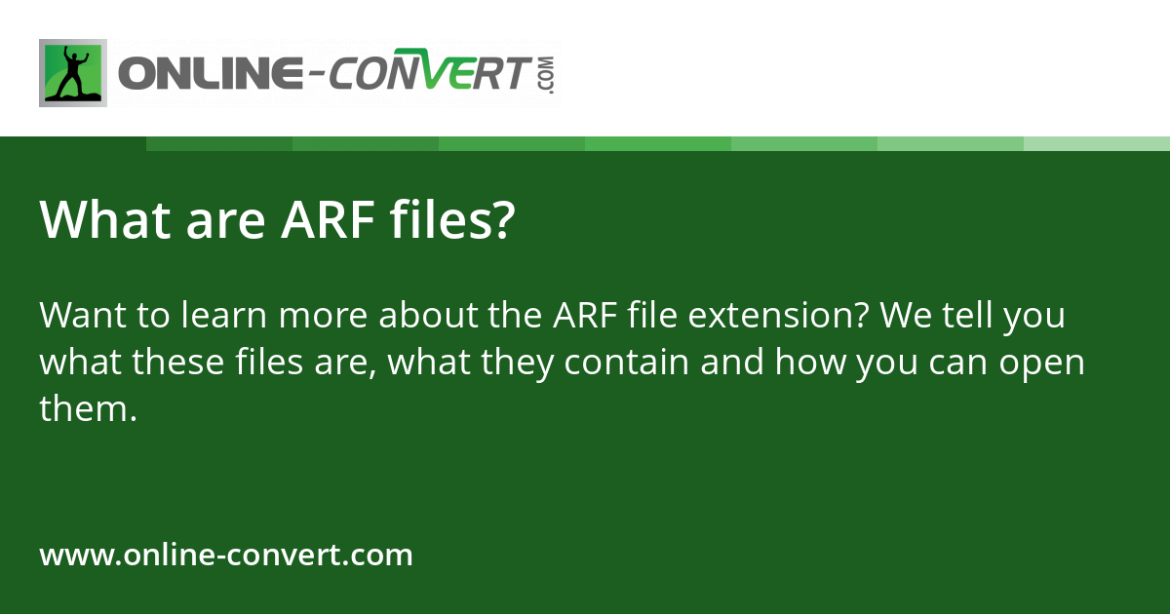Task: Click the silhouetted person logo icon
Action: tap(73, 73)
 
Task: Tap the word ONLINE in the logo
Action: tap(211, 73)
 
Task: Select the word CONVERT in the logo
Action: tap(430, 69)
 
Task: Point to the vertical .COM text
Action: tap(547, 75)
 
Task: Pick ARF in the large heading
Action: tap(328, 220)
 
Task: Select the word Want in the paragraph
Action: tap(83, 316)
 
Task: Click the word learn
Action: tap(223, 315)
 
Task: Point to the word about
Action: tap(428, 315)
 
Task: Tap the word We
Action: tap(906, 316)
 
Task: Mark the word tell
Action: tap(968, 315)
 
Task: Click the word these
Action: tap(177, 362)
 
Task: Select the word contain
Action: tap(626, 362)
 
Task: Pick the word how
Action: tap(810, 362)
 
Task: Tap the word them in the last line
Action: tap(84, 408)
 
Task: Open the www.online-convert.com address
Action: tap(226, 554)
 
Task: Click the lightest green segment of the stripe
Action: tap(1097, 144)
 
